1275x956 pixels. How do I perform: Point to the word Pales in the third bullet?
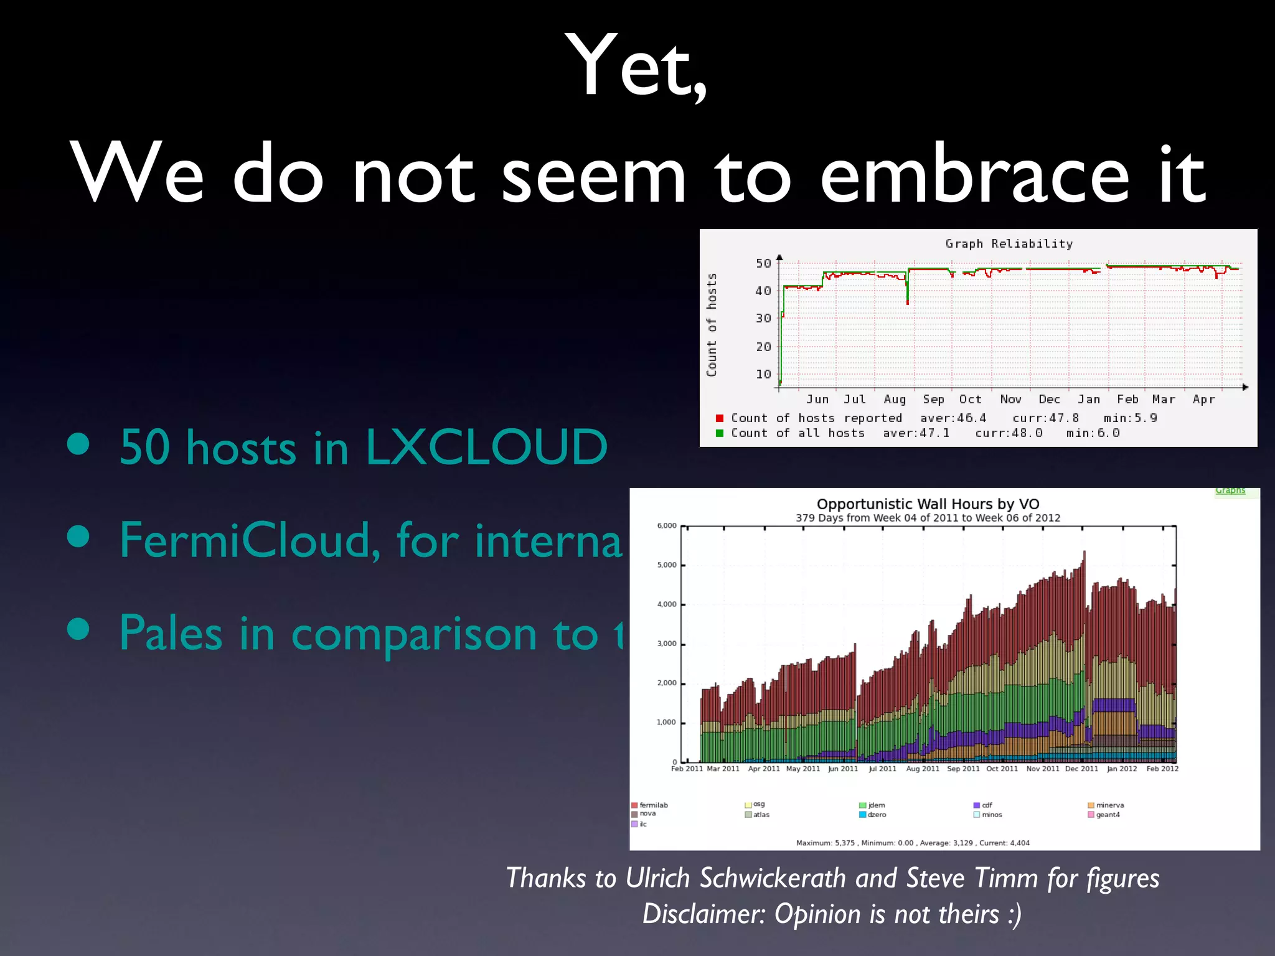click(171, 634)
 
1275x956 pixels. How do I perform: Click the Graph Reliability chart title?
click(1009, 244)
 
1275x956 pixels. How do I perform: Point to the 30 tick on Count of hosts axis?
click(763, 319)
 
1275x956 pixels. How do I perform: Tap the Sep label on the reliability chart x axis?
click(933, 400)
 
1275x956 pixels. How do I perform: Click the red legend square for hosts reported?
click(720, 418)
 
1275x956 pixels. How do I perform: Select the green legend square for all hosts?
click(720, 433)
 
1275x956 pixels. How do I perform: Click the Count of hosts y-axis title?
click(712, 325)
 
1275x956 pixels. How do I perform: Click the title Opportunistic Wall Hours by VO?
click(928, 504)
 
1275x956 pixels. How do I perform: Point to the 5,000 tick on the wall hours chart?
click(666, 565)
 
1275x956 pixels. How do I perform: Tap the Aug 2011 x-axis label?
click(923, 769)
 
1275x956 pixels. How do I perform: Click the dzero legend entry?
click(877, 815)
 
